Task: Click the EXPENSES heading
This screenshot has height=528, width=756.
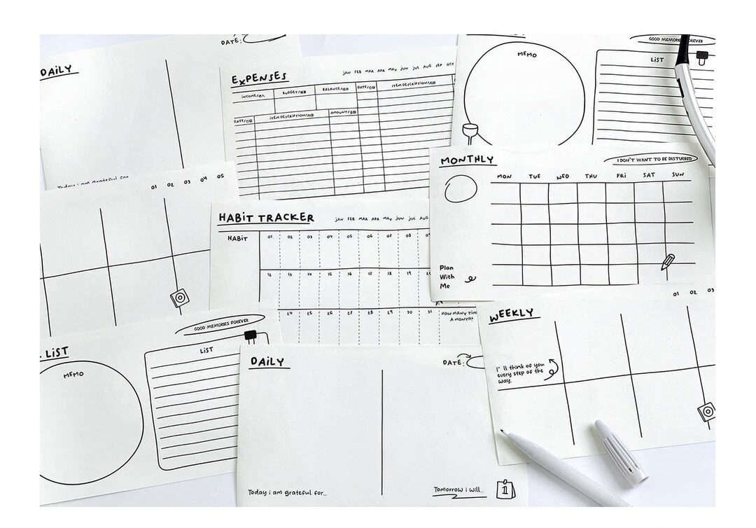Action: coord(259,78)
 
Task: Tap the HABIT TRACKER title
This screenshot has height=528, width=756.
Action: coord(266,218)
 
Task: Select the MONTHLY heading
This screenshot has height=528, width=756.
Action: coord(467,160)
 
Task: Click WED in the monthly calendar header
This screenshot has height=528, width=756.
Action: coord(563,176)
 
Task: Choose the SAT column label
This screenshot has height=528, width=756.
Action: coord(649,175)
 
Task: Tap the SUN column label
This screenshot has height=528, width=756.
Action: coord(678,174)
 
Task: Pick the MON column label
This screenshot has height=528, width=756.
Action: coord(505,177)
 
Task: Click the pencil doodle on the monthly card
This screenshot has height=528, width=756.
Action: coord(668,263)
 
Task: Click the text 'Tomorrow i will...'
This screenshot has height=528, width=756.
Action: coord(459,489)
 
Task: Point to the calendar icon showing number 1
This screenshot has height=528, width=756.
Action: coord(503,489)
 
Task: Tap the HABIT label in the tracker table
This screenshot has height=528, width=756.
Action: coord(237,238)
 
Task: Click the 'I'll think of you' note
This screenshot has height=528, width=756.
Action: coord(519,374)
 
